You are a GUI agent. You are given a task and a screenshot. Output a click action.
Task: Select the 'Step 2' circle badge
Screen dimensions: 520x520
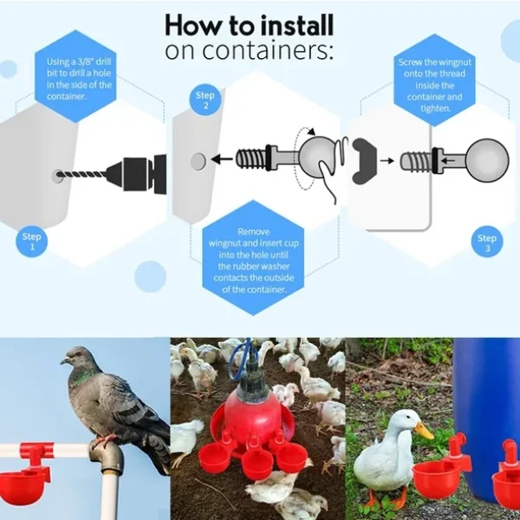coord(205,100)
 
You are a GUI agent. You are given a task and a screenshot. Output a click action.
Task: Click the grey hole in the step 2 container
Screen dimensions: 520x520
coord(198,160)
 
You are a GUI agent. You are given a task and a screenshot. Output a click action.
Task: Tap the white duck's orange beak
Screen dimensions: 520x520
coord(423,429)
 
